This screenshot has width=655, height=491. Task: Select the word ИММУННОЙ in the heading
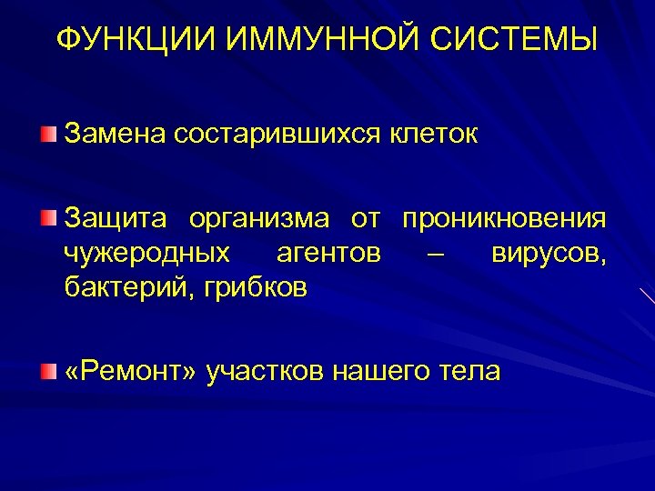(x=309, y=40)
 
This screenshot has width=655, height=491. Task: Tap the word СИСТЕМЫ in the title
(x=512, y=40)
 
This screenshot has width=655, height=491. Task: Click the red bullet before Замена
(x=47, y=135)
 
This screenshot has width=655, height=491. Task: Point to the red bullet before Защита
(x=47, y=218)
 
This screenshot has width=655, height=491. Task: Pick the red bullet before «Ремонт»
(x=47, y=371)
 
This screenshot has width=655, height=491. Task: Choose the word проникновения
(x=504, y=219)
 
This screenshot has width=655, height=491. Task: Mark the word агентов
(x=328, y=254)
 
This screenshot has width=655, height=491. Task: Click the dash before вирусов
(x=436, y=254)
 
